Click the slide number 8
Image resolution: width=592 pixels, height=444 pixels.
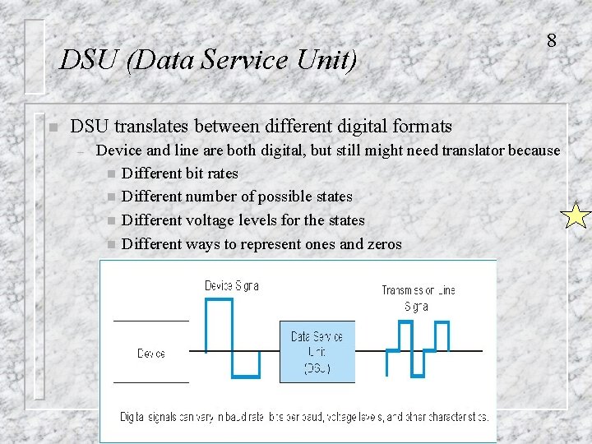[x=551, y=40]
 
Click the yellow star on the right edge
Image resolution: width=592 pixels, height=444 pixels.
[x=575, y=216]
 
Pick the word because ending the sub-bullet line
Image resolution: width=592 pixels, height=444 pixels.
[x=534, y=150]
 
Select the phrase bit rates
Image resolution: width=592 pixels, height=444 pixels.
[x=213, y=173]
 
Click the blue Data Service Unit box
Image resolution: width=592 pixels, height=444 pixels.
[x=317, y=352]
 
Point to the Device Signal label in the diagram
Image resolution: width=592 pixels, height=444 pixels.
[x=231, y=286]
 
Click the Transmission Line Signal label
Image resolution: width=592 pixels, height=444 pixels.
[x=418, y=298]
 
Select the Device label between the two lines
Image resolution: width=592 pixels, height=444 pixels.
[x=151, y=353]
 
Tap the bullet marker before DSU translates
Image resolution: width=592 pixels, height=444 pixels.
[x=52, y=127]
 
